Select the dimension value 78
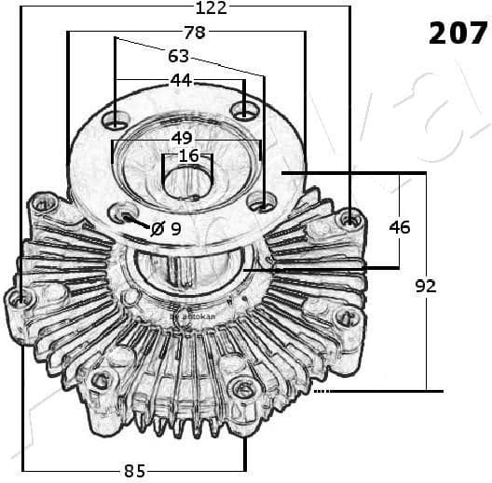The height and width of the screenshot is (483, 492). (194, 33)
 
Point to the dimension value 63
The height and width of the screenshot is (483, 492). (178, 57)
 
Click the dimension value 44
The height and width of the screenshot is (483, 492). (181, 81)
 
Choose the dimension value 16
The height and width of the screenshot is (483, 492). (188, 156)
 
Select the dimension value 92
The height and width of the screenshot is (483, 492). (425, 287)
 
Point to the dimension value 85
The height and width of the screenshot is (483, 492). (134, 470)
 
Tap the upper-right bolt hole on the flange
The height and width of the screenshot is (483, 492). (244, 112)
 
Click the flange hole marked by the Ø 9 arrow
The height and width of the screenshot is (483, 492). (124, 216)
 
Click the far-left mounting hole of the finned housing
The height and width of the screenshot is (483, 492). (20, 300)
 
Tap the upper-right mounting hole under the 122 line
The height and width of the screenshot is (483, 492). (350, 219)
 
